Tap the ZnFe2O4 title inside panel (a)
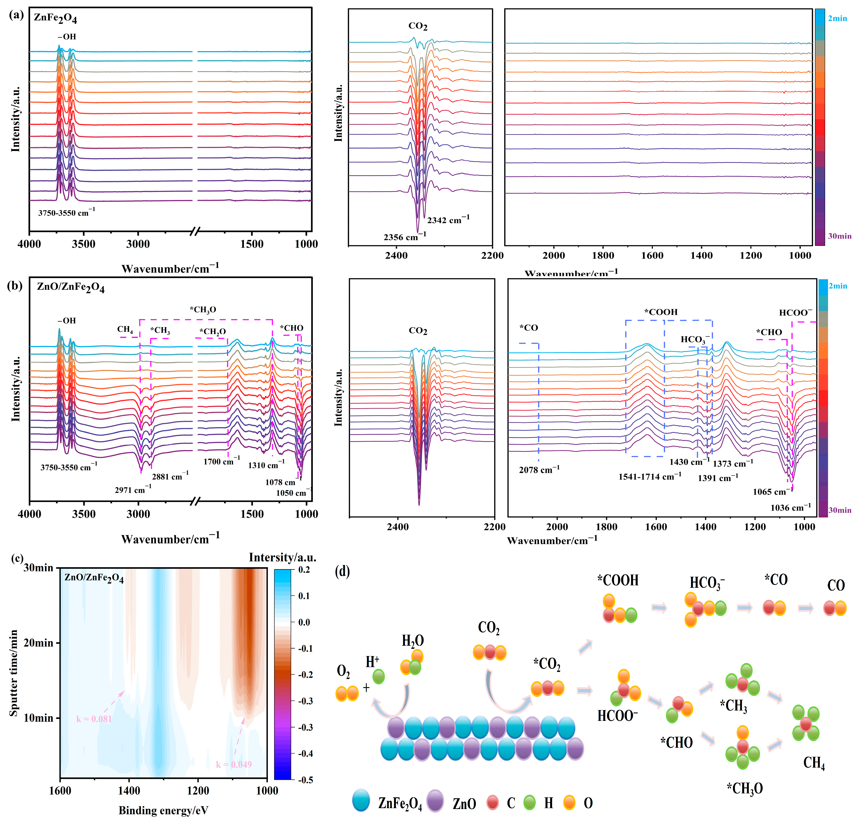[x=55, y=19]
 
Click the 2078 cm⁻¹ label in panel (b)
[x=539, y=470]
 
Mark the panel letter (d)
[x=342, y=571]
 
